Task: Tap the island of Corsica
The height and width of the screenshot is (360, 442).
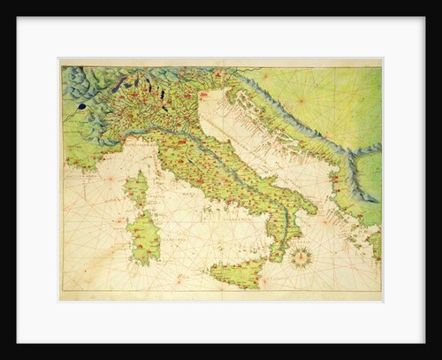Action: tap(138, 189)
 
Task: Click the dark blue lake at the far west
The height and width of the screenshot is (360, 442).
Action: tap(81, 106)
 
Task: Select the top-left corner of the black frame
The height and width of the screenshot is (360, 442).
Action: tap(1, 1)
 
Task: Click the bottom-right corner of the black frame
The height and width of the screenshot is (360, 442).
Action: tap(440, 358)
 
